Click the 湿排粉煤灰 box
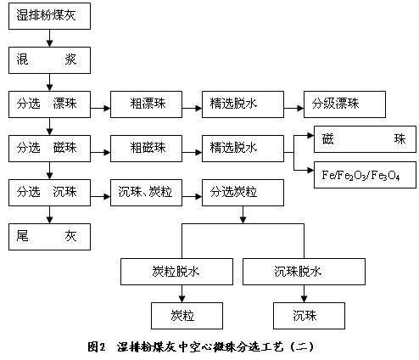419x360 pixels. [49, 16]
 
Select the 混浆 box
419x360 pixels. [49, 60]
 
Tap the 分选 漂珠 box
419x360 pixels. [49, 104]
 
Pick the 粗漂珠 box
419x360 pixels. [146, 104]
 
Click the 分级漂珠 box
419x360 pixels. [344, 104]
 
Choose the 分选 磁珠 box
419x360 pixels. [49, 149]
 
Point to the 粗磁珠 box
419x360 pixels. [146, 149]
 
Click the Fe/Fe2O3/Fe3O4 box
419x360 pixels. [365, 175]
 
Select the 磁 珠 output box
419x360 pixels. [365, 139]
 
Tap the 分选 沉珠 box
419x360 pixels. [49, 193]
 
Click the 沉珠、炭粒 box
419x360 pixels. [146, 193]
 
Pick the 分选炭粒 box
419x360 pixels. [243, 193]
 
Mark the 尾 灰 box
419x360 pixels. [49, 237]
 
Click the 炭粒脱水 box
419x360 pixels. [176, 272]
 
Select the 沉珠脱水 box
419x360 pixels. [304, 272]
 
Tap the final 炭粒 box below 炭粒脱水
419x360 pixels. [187, 316]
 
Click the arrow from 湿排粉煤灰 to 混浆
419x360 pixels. [50, 38]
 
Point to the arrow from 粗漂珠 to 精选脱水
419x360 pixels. [192, 108]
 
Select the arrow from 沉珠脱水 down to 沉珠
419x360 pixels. [304, 294]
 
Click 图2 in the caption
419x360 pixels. [97, 346]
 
